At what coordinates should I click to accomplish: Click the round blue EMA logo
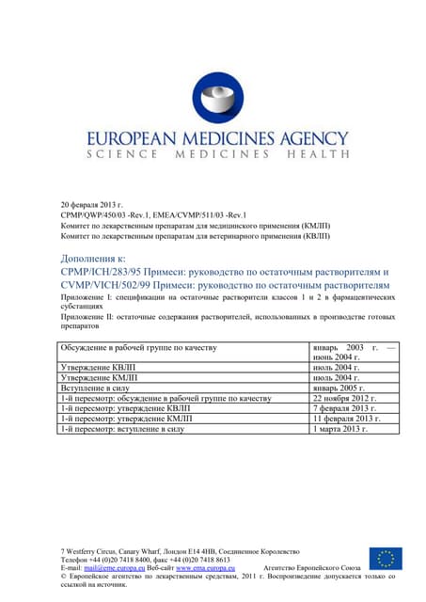tap(217, 98)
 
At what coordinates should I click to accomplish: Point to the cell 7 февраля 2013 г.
tap(345, 408)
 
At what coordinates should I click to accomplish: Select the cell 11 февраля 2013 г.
tap(347, 419)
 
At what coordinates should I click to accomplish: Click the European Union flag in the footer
tap(386, 559)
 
